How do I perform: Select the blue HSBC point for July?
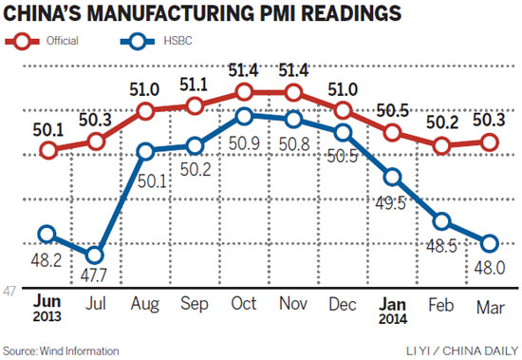[x=95, y=255]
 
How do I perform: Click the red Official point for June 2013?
[x=47, y=150]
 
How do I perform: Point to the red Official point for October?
[x=244, y=92]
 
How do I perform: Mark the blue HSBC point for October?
[x=244, y=116]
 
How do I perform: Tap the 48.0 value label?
[x=489, y=268]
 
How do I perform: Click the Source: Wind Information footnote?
[x=61, y=351]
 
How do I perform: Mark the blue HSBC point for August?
[x=146, y=150]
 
